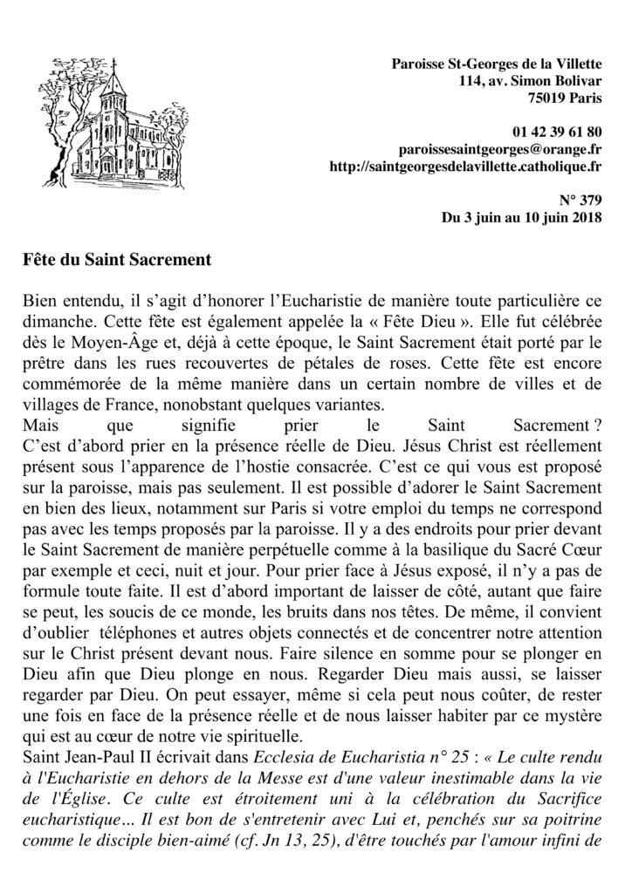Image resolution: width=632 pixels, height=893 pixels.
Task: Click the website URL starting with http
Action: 468,166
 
